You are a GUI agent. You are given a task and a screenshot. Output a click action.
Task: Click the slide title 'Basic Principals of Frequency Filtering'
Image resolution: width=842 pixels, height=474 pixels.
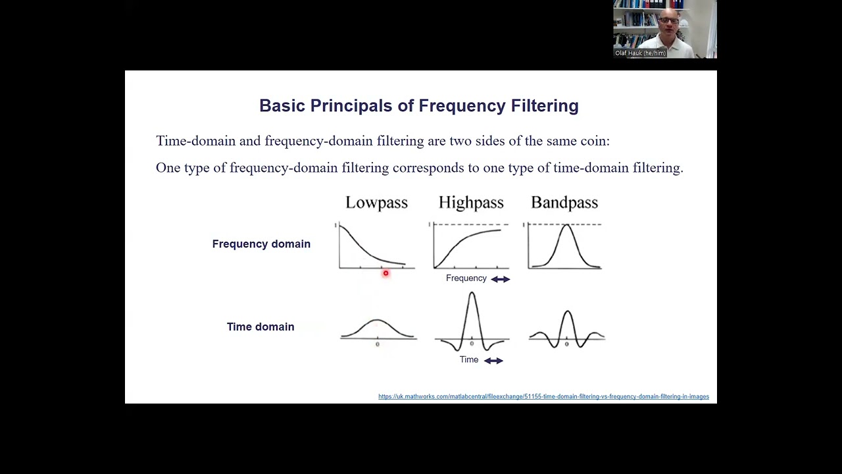418,106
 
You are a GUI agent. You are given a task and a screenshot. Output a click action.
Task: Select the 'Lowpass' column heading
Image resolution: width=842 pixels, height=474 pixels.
376,203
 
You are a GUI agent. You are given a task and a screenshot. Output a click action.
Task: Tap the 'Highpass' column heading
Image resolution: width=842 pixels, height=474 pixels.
471,203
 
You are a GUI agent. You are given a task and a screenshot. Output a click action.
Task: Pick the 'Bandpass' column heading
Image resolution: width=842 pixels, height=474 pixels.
564,203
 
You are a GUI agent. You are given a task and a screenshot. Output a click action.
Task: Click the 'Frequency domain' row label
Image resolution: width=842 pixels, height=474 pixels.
261,244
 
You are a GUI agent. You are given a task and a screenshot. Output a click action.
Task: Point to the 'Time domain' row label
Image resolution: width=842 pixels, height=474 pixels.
260,327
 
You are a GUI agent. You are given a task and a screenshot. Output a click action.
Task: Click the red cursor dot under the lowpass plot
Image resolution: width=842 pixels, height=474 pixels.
385,273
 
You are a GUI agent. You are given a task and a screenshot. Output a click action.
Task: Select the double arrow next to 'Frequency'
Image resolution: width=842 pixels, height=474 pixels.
501,279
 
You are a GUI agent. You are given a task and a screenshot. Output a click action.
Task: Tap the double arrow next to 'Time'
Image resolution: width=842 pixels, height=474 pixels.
493,361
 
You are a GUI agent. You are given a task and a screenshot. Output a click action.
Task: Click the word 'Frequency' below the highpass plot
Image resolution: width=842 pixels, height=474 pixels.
466,278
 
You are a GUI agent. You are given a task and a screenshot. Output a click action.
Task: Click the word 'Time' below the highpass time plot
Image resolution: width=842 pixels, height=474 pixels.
469,359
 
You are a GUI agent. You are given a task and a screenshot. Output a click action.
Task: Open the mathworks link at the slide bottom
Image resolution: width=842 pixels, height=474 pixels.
543,397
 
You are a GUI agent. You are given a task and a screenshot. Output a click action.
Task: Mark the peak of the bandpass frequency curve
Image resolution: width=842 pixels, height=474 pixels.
566,226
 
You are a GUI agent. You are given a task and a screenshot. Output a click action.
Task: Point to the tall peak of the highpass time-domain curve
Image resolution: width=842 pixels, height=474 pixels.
472,294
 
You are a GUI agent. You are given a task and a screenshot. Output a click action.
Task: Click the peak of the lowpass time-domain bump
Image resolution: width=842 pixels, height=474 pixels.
377,321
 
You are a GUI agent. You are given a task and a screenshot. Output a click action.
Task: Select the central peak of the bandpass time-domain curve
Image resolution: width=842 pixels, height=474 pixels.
567,312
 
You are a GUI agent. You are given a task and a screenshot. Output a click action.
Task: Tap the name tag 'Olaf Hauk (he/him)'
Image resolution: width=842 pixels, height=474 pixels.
640,53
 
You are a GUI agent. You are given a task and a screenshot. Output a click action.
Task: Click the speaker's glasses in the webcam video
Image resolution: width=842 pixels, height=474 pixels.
668,21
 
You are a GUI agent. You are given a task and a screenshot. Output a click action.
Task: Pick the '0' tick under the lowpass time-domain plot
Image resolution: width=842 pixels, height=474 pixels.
377,344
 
